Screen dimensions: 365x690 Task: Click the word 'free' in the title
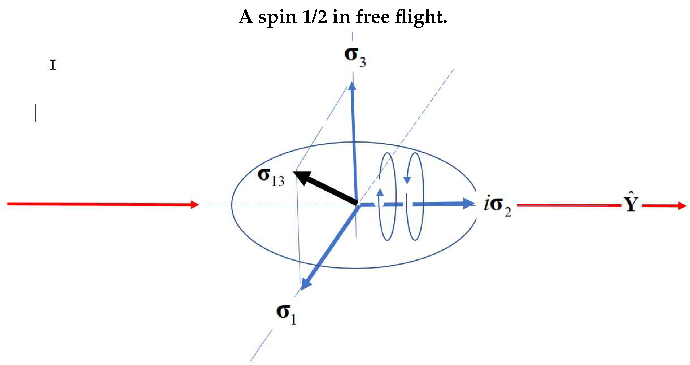373,17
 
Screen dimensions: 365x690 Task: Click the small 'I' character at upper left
53,65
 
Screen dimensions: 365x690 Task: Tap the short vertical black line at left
35,113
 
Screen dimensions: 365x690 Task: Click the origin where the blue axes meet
357,204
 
